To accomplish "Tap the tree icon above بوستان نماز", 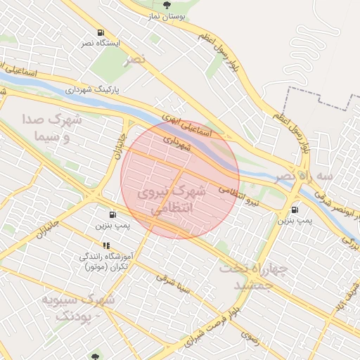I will (x=167, y=5).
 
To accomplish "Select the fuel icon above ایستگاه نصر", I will (x=102, y=32).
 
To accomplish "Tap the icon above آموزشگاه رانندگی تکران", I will (x=106, y=246).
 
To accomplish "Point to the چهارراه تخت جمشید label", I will (x=249, y=276).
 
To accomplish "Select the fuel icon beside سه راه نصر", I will (x=294, y=209).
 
